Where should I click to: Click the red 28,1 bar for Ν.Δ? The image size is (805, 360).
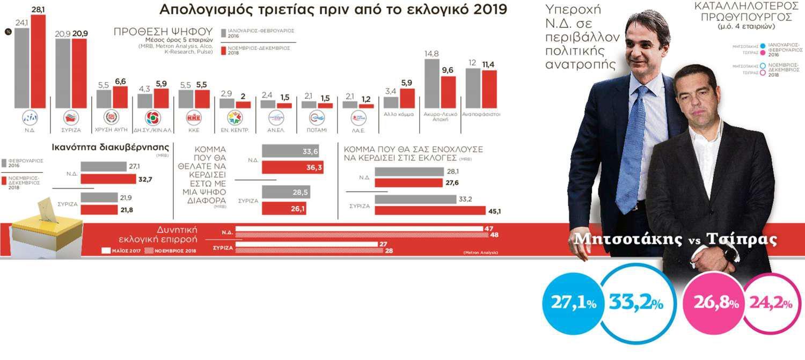38,62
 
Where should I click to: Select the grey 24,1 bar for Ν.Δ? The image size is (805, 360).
22,68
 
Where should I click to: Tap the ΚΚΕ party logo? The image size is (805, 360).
193,118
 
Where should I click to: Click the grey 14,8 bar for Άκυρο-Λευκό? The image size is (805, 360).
433,83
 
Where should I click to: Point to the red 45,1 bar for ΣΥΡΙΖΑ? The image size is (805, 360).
430,210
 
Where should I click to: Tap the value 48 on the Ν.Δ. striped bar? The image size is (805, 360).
488,235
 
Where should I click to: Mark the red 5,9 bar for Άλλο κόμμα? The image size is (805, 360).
407,98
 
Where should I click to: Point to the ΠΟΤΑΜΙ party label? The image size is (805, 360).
317,130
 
